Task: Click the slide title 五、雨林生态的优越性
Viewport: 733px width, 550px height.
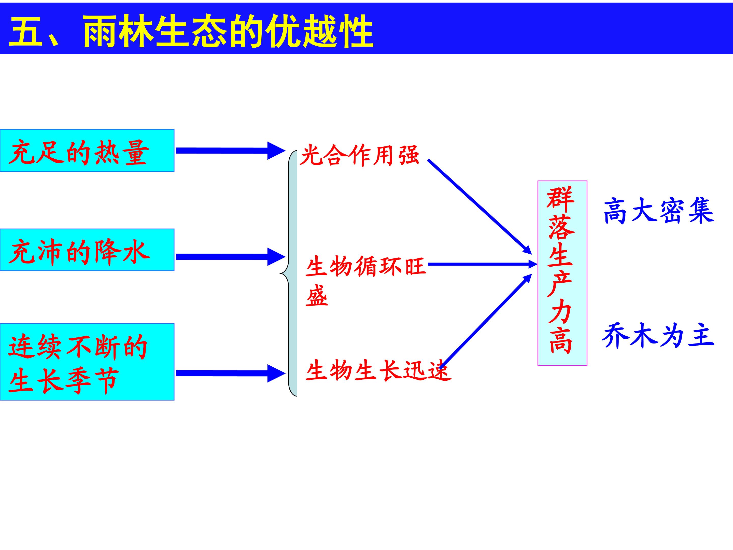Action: coord(191,32)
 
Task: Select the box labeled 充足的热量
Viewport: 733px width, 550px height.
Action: coord(87,150)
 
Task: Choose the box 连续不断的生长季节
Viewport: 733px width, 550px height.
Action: coord(87,362)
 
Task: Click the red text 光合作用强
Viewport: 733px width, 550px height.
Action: coord(360,155)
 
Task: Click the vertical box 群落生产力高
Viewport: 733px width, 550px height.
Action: coord(562,273)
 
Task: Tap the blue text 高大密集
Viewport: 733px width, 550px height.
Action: coord(658,211)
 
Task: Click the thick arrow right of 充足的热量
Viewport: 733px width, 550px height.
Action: coord(231,151)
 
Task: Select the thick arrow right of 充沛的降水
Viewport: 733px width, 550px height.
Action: coord(231,257)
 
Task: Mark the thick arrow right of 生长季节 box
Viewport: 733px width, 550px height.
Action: coord(231,373)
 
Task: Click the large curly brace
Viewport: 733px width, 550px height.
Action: coord(289,273)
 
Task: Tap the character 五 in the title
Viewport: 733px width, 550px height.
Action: coord(26,32)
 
